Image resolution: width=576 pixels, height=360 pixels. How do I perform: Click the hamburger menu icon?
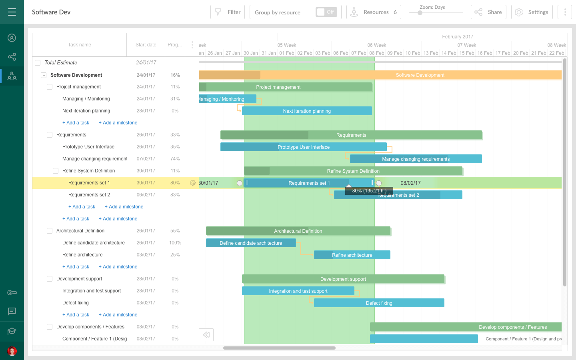click(x=12, y=12)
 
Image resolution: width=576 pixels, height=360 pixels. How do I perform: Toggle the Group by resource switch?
click(x=326, y=12)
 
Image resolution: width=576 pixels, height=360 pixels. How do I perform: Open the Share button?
click(x=488, y=12)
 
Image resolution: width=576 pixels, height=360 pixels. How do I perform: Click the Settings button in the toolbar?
click(x=532, y=12)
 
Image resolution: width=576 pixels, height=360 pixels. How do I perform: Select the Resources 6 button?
click(x=374, y=12)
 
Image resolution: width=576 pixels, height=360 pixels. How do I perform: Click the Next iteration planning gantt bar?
click(x=307, y=111)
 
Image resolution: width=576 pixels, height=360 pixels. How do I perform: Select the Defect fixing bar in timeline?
click(x=379, y=303)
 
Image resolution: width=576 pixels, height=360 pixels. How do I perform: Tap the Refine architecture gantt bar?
click(x=352, y=255)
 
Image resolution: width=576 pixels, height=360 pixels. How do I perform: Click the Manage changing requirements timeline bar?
click(x=416, y=159)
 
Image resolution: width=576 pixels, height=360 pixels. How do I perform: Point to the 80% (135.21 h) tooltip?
click(x=369, y=191)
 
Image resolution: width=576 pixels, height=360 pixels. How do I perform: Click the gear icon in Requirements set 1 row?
click(x=193, y=183)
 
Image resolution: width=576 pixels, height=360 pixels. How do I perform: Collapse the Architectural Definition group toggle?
click(x=50, y=231)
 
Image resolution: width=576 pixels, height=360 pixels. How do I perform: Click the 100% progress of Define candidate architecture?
click(x=175, y=243)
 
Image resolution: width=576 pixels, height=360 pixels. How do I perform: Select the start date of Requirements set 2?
click(x=146, y=195)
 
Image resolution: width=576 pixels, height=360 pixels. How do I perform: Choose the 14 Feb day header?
click(x=449, y=53)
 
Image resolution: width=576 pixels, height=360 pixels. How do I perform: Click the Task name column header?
click(x=80, y=45)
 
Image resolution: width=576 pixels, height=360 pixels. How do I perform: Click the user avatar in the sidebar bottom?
click(x=12, y=351)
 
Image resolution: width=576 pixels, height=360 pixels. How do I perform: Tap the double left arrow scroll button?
click(x=206, y=335)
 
